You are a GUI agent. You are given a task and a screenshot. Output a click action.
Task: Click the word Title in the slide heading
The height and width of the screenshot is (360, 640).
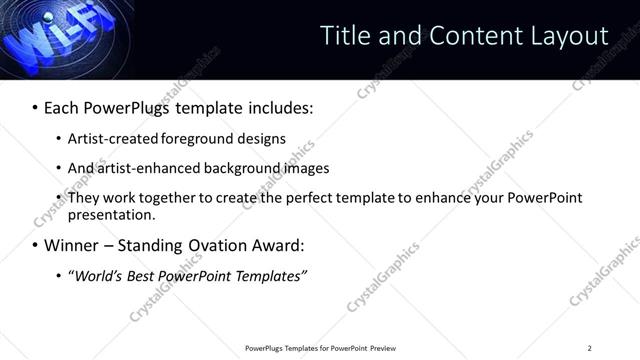coord(344,35)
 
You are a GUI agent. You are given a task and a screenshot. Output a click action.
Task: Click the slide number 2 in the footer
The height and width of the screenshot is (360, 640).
coord(589,347)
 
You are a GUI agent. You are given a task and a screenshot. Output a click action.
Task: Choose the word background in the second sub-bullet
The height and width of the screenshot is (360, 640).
coord(234,168)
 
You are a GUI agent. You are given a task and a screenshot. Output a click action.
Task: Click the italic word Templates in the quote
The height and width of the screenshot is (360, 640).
coord(268,276)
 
